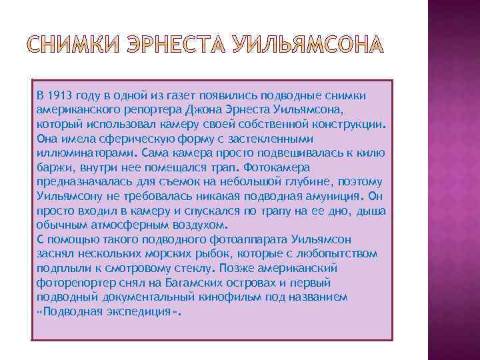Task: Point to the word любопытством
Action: click(x=333, y=254)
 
